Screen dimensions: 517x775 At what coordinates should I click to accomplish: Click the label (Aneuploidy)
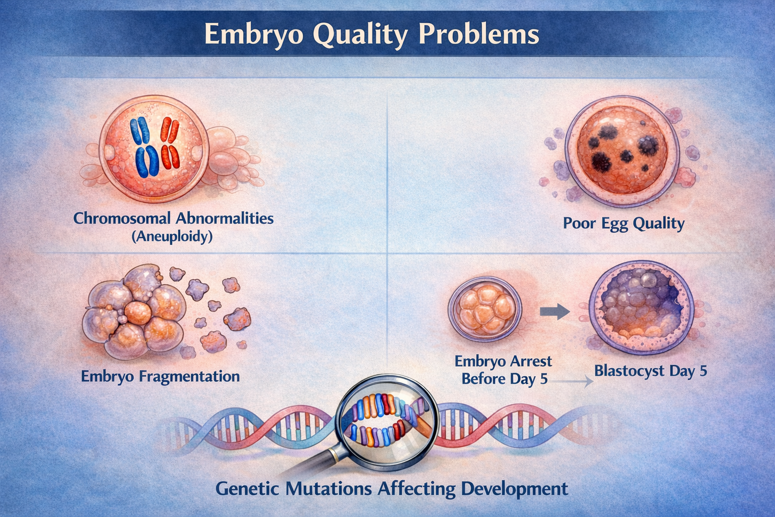coord(172,236)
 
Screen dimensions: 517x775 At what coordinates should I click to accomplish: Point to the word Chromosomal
coord(121,218)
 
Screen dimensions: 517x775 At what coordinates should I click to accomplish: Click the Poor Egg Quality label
coord(624,223)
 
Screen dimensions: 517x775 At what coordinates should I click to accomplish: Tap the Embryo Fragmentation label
coord(160,376)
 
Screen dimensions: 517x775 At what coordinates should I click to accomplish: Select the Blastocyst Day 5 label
coord(650,371)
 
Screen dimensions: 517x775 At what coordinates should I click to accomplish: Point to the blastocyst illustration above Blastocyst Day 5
coord(642,309)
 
